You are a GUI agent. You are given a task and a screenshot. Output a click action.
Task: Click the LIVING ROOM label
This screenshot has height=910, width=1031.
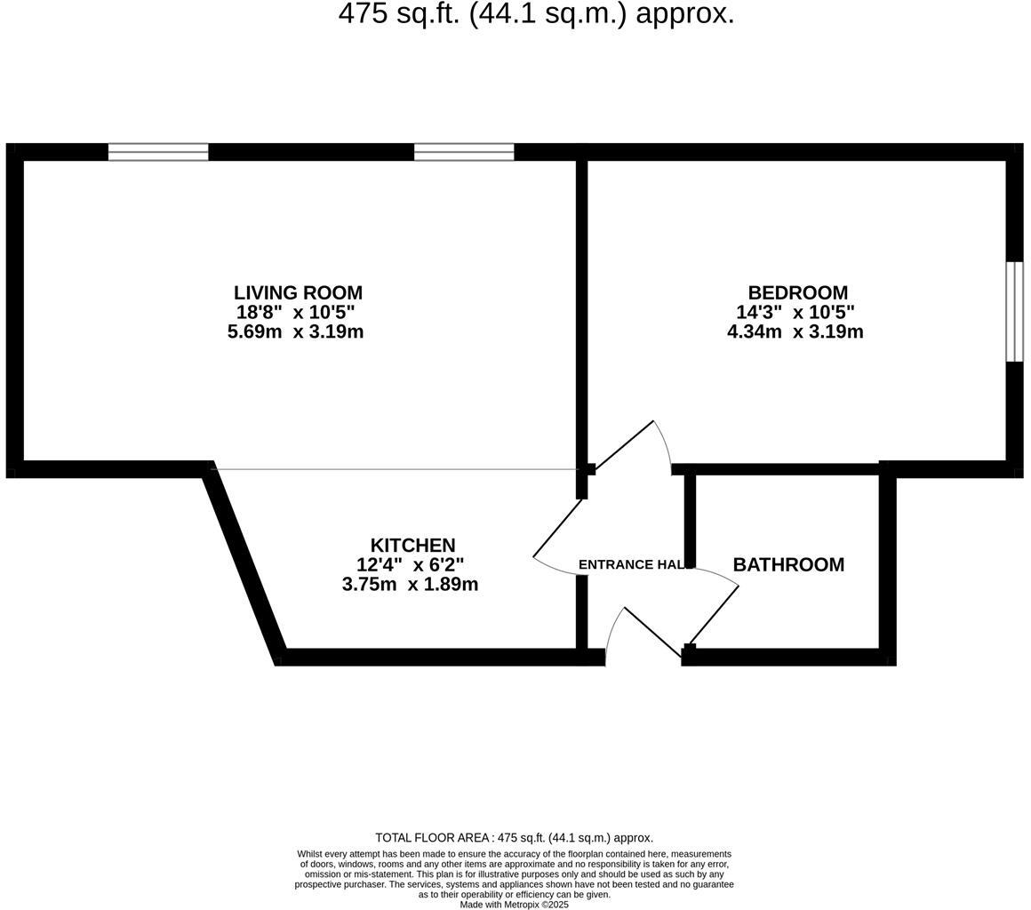[298, 292]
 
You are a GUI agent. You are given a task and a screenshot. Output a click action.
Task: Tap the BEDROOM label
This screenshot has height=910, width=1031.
[797, 292]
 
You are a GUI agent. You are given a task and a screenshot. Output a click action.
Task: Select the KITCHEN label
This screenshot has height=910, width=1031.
[412, 545]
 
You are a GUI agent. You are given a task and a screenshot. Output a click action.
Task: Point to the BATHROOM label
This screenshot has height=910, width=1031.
[788, 564]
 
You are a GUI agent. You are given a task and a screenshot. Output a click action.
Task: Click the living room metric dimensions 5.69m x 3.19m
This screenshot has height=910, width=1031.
[295, 331]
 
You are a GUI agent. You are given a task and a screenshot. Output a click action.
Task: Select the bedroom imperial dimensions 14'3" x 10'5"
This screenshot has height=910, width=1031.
[795, 312]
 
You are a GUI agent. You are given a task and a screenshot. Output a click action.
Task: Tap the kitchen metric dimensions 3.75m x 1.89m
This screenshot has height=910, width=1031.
[410, 584]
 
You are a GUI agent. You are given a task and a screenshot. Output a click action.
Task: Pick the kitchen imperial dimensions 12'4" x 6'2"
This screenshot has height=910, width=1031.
[410, 564]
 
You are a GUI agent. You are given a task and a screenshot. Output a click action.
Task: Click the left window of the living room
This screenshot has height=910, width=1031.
[158, 152]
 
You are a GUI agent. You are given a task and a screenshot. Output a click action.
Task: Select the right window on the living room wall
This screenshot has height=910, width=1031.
[464, 152]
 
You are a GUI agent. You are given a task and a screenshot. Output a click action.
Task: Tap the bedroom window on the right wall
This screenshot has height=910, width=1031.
[1014, 311]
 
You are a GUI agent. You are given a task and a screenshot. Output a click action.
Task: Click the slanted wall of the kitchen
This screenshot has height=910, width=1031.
[244, 563]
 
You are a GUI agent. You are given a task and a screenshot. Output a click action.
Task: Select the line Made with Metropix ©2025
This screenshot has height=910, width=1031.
[514, 905]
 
